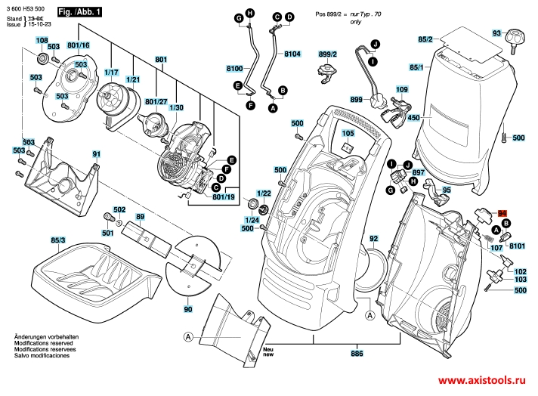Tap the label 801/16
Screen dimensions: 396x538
[79, 45]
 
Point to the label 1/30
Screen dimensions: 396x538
[176, 107]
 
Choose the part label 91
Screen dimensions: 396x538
[96, 154]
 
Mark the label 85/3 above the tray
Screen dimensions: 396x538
[57, 240]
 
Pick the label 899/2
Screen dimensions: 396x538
[327, 54]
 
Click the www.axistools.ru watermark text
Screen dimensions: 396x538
[484, 382]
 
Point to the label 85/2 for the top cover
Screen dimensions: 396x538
[425, 39]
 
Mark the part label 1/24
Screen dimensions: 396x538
[252, 219]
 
